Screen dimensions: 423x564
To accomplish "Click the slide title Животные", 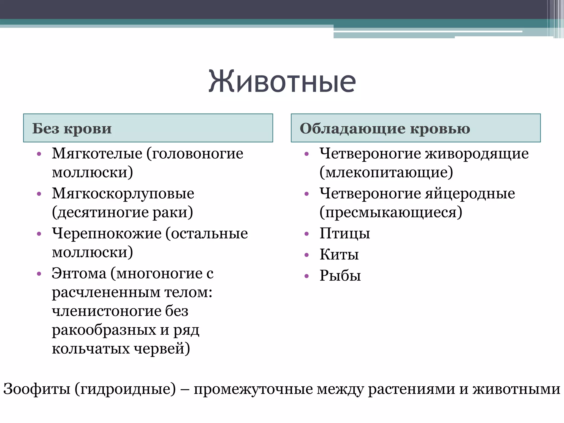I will pos(282,82).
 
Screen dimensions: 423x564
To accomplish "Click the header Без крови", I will pos(72,129).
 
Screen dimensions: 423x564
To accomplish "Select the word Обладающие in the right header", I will pos(352,129).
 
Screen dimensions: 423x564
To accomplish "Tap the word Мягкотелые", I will pos(97,153).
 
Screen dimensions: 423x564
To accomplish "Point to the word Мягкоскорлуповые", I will pos(123,193).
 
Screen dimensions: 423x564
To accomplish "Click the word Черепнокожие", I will pos(107,234).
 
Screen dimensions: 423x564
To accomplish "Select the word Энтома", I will pos(79,273).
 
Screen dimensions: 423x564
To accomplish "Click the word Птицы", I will pos(345,234).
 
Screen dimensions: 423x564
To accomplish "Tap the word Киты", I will pos(339,254).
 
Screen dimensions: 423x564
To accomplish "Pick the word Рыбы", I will pos(340,275).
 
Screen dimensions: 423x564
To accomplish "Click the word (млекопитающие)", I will pos(386,172).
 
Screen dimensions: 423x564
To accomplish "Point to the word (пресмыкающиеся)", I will pos(391,212).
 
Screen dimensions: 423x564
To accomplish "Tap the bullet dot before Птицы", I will pos(307,234).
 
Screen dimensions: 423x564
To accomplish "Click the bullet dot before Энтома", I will pos(39,274).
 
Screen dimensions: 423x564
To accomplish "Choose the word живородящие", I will pos(477,153).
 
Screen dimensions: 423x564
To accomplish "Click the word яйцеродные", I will pos(470,193).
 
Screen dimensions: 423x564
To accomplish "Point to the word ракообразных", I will pos(104,330).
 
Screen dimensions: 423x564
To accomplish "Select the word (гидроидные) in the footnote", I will pos(125,389).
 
